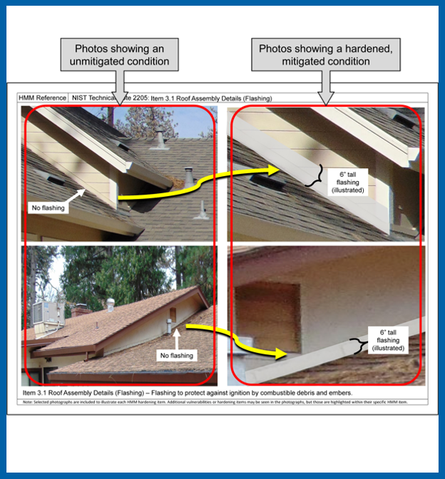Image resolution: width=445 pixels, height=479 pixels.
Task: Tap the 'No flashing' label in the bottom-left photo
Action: [176, 354]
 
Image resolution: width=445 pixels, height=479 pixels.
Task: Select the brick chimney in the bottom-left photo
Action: [79, 311]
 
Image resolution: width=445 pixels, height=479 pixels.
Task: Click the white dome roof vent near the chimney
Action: [110, 304]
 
